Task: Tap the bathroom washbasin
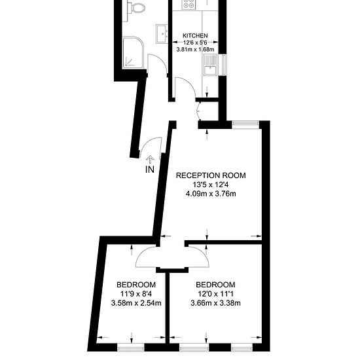click(162, 34)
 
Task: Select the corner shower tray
click(134, 52)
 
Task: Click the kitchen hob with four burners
click(189, 5)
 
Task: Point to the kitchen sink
click(210, 65)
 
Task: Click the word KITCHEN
click(195, 36)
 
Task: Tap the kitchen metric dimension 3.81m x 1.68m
click(195, 49)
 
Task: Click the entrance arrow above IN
click(150, 159)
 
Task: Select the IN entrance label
click(150, 170)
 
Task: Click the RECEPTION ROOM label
click(211, 175)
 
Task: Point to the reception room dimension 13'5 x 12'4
click(211, 185)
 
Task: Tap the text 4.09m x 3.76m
click(211, 194)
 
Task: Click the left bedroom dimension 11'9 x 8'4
click(136, 294)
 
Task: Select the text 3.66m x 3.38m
click(215, 303)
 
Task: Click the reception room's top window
click(245, 124)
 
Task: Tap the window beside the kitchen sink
click(224, 65)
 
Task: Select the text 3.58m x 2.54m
click(136, 303)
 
